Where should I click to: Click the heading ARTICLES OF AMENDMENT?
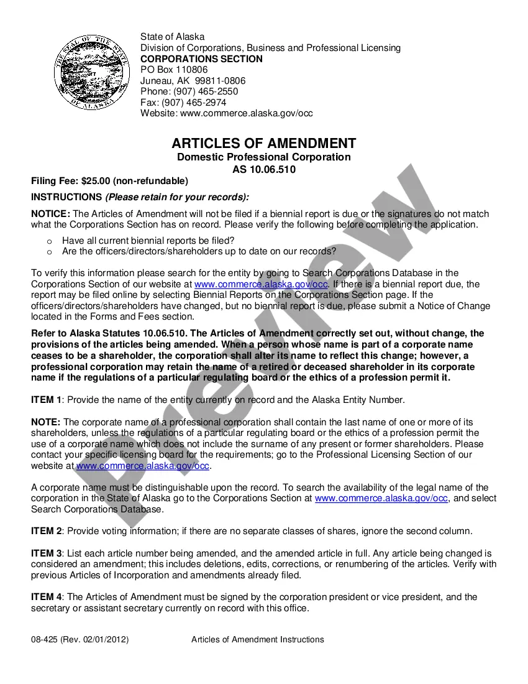(x=264, y=143)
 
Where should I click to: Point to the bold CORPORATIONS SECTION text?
(x=201, y=59)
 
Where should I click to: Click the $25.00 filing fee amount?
(x=96, y=181)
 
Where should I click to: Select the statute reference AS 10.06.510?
(x=264, y=169)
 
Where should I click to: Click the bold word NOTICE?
(x=51, y=214)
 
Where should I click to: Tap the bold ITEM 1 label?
(x=47, y=400)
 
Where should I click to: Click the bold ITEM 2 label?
(x=47, y=531)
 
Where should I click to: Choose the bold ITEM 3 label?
(x=47, y=553)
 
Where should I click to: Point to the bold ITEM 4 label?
(x=47, y=597)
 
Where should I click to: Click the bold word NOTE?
(x=45, y=422)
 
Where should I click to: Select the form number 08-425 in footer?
(x=45, y=639)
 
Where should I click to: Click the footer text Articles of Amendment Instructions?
(x=258, y=639)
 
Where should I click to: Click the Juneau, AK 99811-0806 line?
(x=193, y=81)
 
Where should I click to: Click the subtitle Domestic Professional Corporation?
(x=264, y=157)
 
